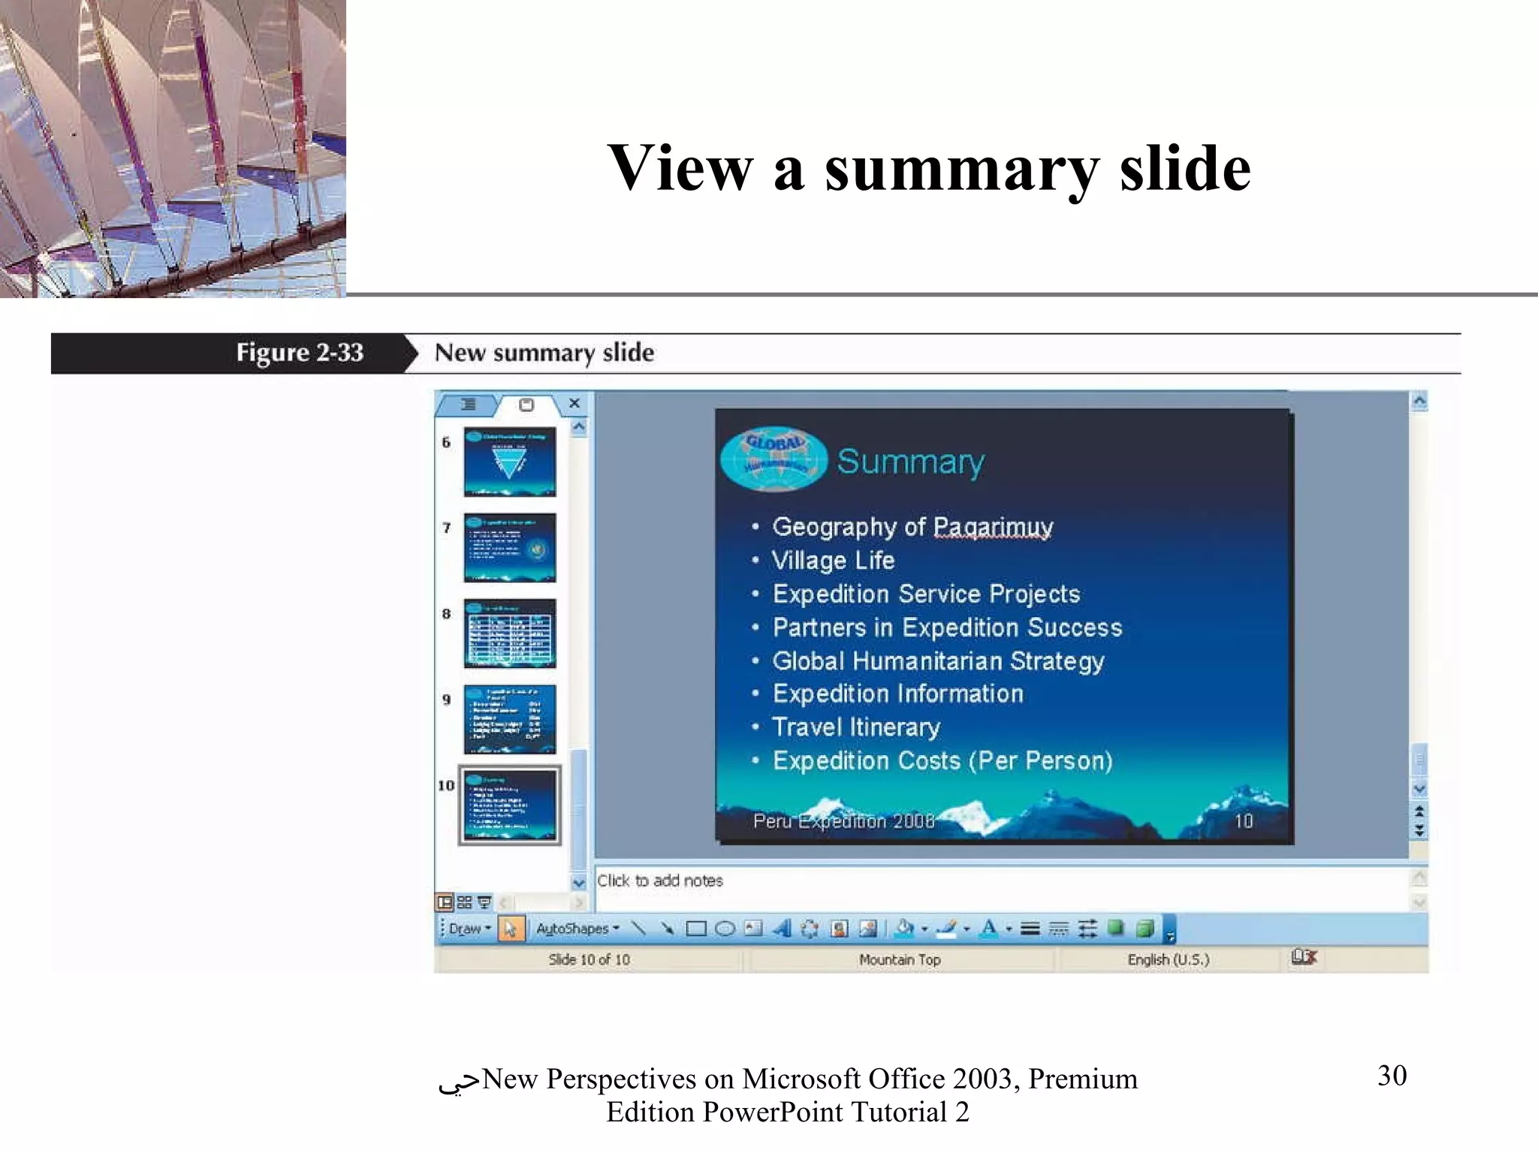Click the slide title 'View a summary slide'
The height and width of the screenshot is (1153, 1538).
pyautogui.click(x=928, y=168)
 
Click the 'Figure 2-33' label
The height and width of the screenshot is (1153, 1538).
pyautogui.click(x=299, y=353)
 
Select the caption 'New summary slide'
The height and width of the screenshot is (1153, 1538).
pyautogui.click(x=544, y=353)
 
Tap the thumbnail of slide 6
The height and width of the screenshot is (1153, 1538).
pyautogui.click(x=510, y=462)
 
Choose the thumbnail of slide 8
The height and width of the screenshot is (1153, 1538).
pyautogui.click(x=510, y=633)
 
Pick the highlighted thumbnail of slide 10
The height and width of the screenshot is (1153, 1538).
pyautogui.click(x=510, y=805)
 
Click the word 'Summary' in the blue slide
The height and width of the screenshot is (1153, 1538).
pyautogui.click(x=910, y=461)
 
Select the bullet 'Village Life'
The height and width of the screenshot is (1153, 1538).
pyautogui.click(x=833, y=560)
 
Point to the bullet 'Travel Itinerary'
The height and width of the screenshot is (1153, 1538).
pyautogui.click(x=855, y=727)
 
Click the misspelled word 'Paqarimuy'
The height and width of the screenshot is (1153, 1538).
pyautogui.click(x=992, y=527)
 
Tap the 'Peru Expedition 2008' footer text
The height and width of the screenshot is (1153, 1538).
pyautogui.click(x=843, y=820)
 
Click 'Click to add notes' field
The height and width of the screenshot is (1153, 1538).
pyautogui.click(x=660, y=881)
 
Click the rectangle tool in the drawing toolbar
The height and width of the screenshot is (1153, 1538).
pyautogui.click(x=696, y=929)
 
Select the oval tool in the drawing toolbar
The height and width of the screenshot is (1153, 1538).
pyautogui.click(x=725, y=929)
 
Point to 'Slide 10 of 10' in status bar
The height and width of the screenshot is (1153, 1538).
pyautogui.click(x=589, y=959)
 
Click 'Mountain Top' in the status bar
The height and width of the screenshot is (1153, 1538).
pyautogui.click(x=899, y=959)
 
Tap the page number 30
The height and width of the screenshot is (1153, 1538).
pyautogui.click(x=1392, y=1076)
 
